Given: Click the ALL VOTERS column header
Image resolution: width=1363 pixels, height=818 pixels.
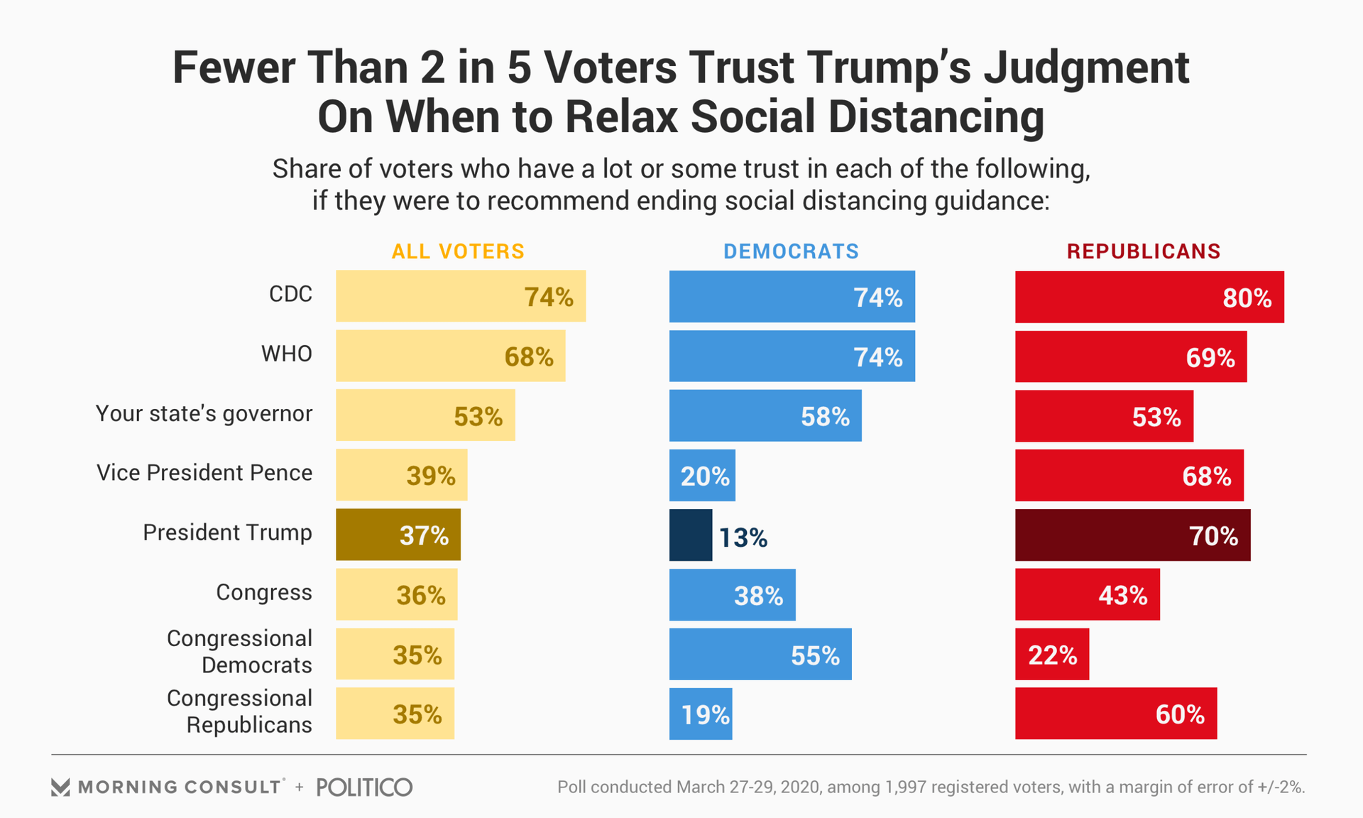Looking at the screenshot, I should [x=458, y=251].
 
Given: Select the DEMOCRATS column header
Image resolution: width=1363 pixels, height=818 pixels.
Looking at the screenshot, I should [x=791, y=251].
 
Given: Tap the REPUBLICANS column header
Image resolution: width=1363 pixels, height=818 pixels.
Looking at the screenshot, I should [x=1144, y=251].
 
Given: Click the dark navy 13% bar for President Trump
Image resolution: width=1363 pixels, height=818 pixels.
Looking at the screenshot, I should [x=690, y=535].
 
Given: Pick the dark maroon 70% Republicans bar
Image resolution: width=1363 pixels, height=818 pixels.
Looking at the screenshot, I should [x=1132, y=535].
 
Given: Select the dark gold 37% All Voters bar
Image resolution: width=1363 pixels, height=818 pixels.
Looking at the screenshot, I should [x=398, y=535].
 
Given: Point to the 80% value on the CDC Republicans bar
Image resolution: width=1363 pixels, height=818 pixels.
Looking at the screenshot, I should [x=1247, y=298].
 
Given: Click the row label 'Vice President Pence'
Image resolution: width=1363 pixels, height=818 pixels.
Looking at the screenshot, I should [x=204, y=473].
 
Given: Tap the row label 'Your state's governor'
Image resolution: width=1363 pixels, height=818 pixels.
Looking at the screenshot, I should [x=204, y=413].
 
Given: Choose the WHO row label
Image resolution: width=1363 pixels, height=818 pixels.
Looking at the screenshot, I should [x=287, y=354].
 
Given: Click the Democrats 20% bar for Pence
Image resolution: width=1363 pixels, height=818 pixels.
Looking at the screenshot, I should [x=702, y=476].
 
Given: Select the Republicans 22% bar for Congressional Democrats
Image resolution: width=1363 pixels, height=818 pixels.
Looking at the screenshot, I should [x=1051, y=655].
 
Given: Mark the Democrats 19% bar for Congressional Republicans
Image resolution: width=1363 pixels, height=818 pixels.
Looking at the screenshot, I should [x=700, y=714].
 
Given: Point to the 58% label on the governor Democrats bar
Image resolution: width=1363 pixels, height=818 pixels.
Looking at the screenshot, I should [x=825, y=417].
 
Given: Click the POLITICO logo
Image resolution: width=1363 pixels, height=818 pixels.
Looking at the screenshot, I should [x=364, y=787].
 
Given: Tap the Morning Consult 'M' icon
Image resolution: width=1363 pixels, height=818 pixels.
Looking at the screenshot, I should [x=60, y=787].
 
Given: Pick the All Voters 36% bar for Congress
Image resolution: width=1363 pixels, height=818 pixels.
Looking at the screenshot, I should [x=396, y=595].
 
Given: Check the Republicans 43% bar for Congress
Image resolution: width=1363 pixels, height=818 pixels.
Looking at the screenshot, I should [x=1087, y=595].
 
